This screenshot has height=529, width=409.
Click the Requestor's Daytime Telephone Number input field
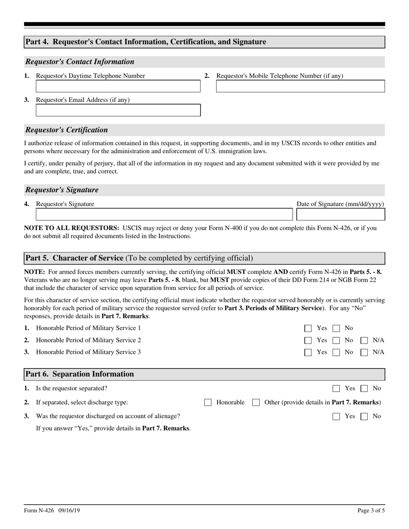tap(118, 86)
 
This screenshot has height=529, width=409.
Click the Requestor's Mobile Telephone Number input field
tap(300, 86)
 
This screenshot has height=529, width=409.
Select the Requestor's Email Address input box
tap(118, 111)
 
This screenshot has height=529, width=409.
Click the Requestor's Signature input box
tap(164, 215)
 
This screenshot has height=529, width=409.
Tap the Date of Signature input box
tap(341, 215)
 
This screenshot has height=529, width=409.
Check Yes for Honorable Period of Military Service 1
tap(308, 329)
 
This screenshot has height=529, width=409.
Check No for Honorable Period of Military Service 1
tap(336, 329)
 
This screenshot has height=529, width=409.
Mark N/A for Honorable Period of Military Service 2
tap(364, 341)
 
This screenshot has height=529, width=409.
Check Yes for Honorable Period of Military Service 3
tap(308, 353)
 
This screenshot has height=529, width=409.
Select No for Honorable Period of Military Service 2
tap(336, 341)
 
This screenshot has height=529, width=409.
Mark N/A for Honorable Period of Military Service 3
tap(364, 353)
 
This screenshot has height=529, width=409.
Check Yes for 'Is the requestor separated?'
tap(336, 389)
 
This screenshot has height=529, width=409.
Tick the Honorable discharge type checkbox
tap(208, 403)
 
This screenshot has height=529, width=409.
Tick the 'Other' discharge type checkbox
tap(256, 403)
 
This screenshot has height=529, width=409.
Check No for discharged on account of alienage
tap(364, 416)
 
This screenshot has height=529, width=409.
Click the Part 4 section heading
tap(146, 42)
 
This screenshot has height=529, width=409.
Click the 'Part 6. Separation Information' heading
tap(80, 374)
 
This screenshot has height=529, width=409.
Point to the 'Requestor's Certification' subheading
tap(67, 130)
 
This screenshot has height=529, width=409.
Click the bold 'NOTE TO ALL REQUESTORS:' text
tap(71, 228)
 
